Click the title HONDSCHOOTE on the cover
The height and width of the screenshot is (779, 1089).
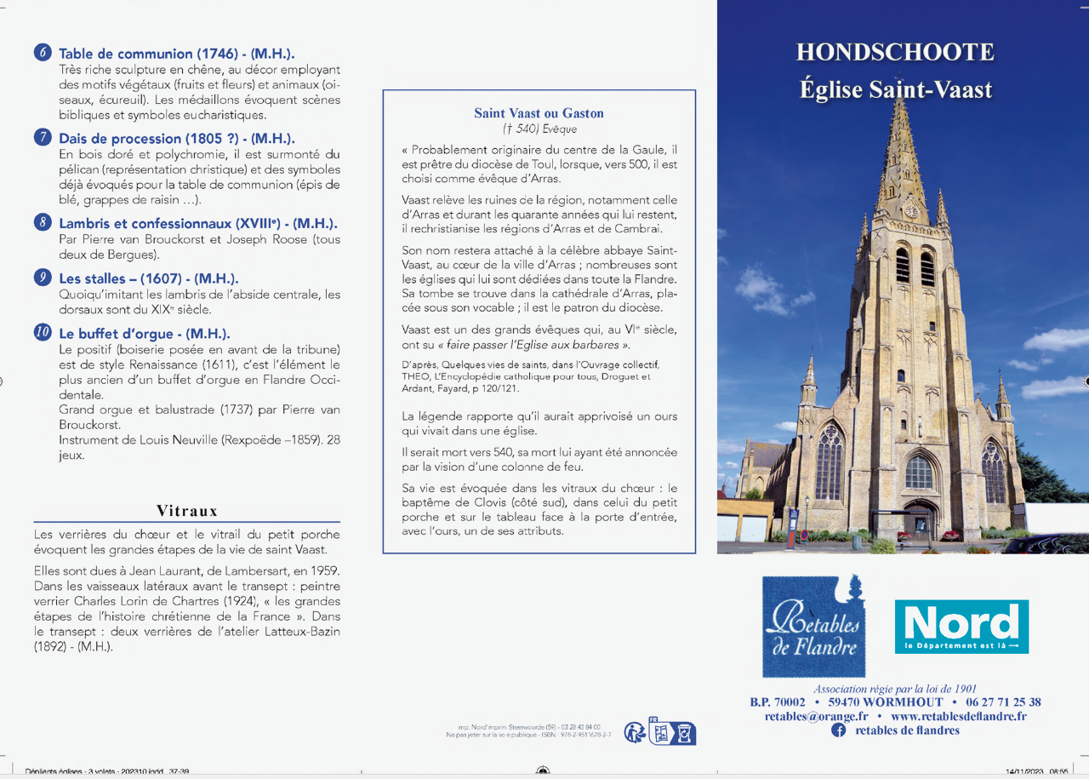(894, 53)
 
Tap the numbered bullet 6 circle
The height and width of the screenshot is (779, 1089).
(43, 53)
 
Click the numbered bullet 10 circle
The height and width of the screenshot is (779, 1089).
(43, 333)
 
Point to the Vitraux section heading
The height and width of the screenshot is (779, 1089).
(187, 511)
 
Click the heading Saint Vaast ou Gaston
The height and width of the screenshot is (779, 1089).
(539, 113)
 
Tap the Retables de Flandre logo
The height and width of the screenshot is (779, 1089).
(813, 627)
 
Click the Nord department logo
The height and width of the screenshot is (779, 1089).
(961, 627)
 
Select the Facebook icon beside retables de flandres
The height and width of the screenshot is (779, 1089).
(838, 730)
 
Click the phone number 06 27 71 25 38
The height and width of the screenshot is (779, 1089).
(1003, 702)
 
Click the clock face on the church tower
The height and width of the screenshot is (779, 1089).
(910, 210)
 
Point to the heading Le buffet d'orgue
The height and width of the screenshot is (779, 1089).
(144, 334)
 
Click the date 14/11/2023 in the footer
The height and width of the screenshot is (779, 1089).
(1023, 771)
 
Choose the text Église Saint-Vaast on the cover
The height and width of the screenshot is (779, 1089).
(895, 89)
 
